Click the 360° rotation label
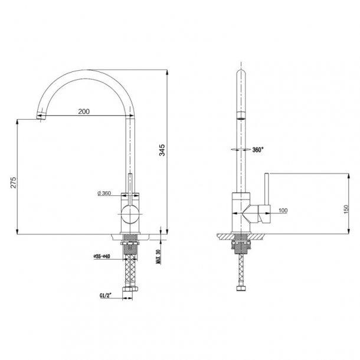click(258, 150)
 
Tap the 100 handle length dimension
click(282, 210)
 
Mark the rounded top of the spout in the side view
click(241, 73)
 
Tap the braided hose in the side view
click(240, 269)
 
